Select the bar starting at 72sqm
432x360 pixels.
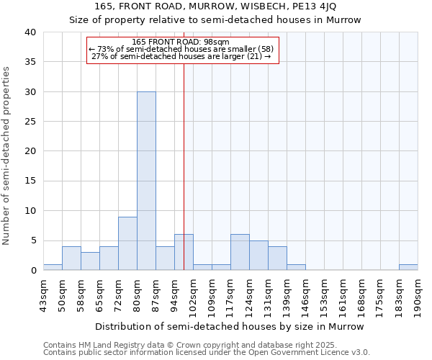[x=127, y=243]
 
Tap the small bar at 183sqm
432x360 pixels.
[x=408, y=267]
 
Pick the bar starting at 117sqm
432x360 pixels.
[x=240, y=252]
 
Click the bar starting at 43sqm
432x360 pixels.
[x=53, y=267]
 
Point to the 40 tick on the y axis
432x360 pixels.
[x=30, y=32]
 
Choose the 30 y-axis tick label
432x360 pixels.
[x=30, y=92]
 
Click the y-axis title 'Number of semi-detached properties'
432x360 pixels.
[x=7, y=156]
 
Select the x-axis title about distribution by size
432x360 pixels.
[x=230, y=326]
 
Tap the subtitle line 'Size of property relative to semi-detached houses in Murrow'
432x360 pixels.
[x=215, y=19]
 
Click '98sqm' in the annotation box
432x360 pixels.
[x=216, y=42]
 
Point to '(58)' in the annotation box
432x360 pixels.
[x=264, y=49]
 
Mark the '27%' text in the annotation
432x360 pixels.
[x=99, y=56]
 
